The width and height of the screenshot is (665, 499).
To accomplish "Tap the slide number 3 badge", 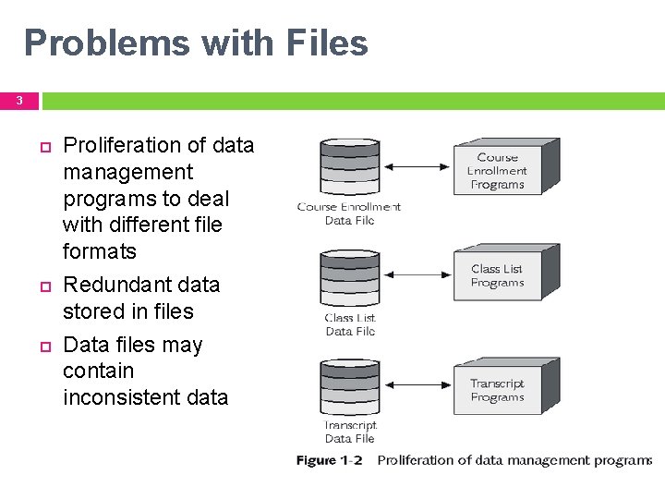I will (x=18, y=101).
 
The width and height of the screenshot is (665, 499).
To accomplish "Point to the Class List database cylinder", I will (x=349, y=279).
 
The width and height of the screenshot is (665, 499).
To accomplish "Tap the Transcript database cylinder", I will (x=349, y=388).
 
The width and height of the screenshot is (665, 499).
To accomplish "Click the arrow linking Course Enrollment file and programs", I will (x=416, y=167).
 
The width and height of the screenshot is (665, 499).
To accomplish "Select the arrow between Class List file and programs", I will (x=416, y=274).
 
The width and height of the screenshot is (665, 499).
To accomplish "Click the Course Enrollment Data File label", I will (x=349, y=213).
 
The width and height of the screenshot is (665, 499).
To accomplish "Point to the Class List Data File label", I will (x=350, y=324).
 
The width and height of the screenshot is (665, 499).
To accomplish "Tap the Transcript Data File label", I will (x=350, y=432).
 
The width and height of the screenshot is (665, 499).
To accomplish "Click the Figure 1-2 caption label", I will (x=329, y=460).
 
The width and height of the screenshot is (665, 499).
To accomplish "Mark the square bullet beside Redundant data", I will (x=42, y=286).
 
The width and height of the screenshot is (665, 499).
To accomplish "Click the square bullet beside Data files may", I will (x=42, y=346).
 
